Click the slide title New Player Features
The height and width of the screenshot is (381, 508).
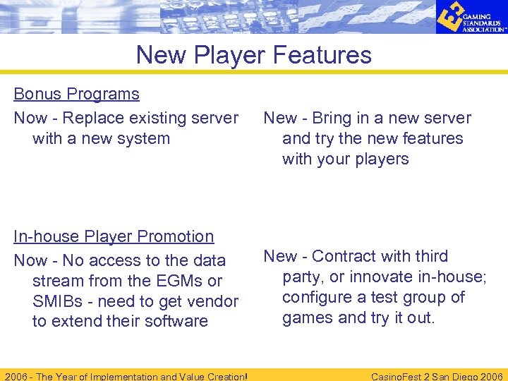(253, 54)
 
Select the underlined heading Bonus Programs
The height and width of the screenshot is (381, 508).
(76, 94)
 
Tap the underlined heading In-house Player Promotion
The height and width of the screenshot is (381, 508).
(114, 236)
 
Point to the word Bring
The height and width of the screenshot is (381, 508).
(333, 118)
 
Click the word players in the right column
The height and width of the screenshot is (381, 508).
(383, 159)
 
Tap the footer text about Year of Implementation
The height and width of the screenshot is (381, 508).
(126, 376)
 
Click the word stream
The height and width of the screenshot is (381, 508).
(59, 281)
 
